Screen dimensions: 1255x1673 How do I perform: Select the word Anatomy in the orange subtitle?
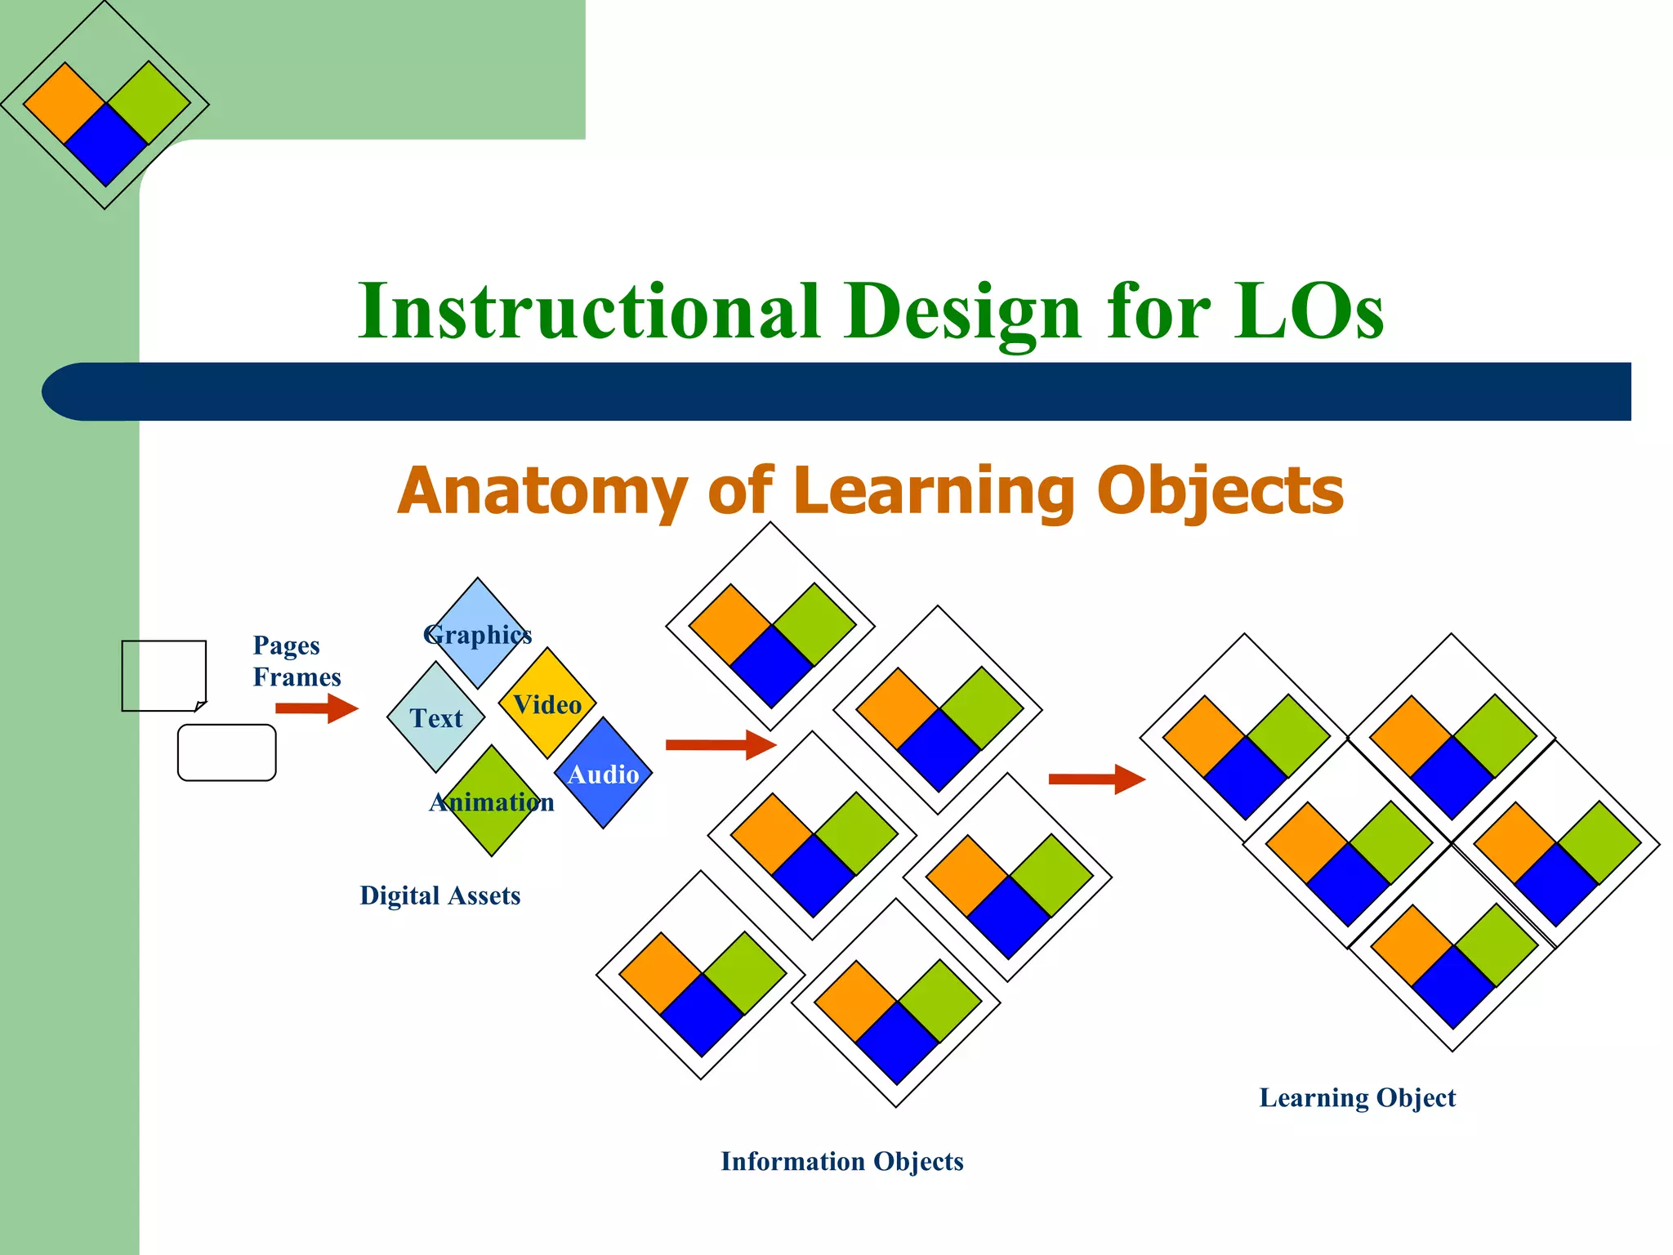[542, 491]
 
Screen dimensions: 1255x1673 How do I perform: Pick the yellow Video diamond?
[547, 703]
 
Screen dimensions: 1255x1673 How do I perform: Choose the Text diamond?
[436, 718]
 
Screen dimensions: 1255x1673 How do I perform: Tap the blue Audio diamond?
[603, 773]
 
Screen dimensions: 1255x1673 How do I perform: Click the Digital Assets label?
[439, 895]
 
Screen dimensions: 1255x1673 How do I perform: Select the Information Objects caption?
[841, 1161]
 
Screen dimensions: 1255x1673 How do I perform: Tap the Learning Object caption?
[1357, 1097]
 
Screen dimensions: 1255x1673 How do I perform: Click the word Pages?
[286, 645]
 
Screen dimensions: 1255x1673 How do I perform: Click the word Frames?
[297, 677]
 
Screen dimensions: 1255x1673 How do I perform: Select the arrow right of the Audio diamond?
[720, 744]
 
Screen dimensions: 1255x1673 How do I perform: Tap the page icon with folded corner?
[163, 675]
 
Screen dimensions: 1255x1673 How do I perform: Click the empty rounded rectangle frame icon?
[226, 753]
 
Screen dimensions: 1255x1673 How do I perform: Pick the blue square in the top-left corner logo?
[105, 145]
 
